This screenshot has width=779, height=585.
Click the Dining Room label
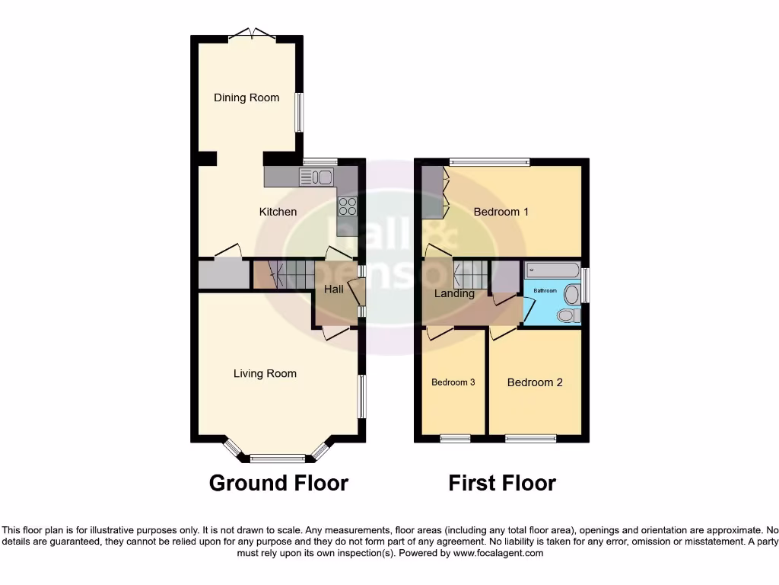(x=246, y=97)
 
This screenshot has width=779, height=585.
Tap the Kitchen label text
(x=278, y=212)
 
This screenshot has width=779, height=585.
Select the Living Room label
(x=265, y=373)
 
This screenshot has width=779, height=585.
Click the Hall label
(x=333, y=289)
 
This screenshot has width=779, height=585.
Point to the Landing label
(x=454, y=293)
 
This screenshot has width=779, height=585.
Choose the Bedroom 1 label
(x=501, y=212)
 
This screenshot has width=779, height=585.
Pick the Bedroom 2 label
(x=535, y=382)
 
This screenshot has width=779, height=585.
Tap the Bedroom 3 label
(x=453, y=382)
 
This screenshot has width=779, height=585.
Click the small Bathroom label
(x=545, y=291)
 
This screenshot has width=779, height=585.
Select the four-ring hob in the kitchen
(x=347, y=206)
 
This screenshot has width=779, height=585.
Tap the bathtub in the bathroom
(x=552, y=270)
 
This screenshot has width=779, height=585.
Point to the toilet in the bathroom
(x=569, y=315)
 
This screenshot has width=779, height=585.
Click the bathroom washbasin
(x=572, y=294)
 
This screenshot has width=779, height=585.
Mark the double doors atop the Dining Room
(x=252, y=34)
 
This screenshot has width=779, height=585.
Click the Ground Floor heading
(x=278, y=483)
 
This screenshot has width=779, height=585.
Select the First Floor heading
(x=502, y=483)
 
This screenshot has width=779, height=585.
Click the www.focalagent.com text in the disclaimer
(x=498, y=553)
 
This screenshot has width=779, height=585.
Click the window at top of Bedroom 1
(x=488, y=161)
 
